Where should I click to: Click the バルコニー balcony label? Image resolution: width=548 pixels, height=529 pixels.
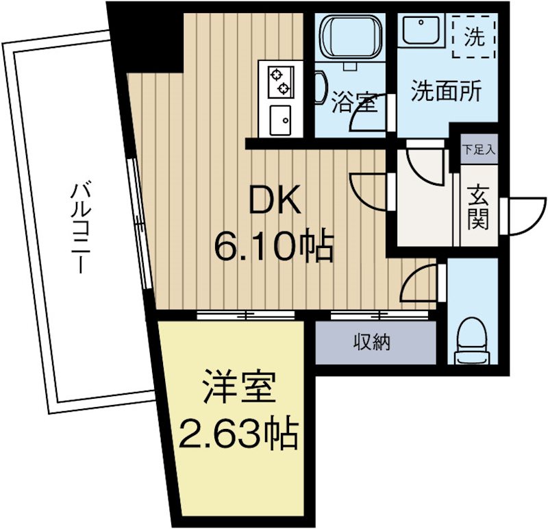[80, 226]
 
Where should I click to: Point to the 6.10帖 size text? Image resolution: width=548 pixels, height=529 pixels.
[274, 245]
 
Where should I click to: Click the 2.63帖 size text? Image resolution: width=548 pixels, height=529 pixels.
[238, 434]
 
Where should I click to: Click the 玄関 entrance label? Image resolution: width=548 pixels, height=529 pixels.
[479, 208]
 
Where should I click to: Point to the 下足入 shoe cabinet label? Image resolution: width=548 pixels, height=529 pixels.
[478, 149]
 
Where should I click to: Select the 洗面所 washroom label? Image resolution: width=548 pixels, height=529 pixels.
[445, 91]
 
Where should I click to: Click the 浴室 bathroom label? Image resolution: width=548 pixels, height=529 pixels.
[354, 103]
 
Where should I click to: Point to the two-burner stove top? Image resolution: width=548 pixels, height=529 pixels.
[281, 81]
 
